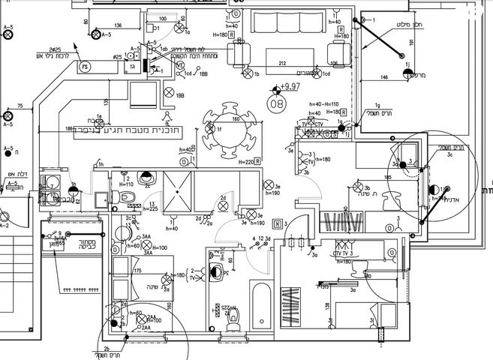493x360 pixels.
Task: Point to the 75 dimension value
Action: point(20,105)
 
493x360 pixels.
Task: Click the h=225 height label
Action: point(149,210)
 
